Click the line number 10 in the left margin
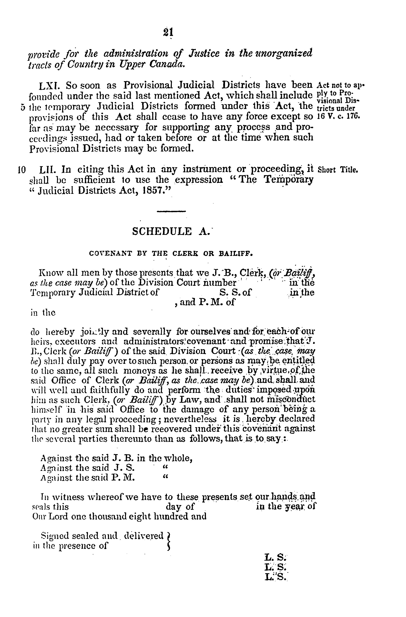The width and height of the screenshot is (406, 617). (x=21, y=170)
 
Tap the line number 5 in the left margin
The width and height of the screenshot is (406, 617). (x=23, y=107)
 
